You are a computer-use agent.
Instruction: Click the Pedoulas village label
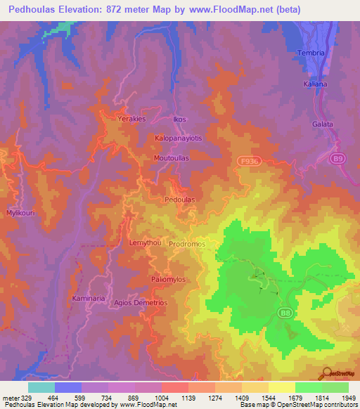[179, 199]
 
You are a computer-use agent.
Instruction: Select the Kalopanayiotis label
[179, 138]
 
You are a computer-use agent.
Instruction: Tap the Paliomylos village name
[168, 279]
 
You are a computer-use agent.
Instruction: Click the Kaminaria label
[89, 299]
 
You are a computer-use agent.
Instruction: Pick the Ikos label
[180, 119]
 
